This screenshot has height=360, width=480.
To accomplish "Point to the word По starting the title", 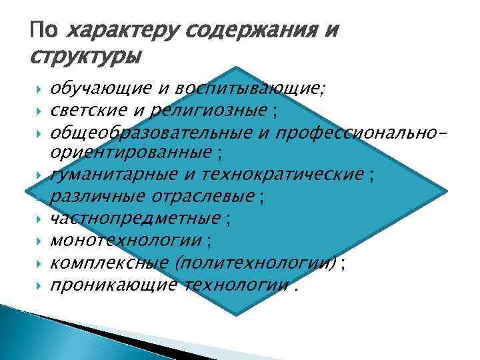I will pos(43,31).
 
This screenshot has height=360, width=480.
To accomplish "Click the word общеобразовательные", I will pos(147,132).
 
